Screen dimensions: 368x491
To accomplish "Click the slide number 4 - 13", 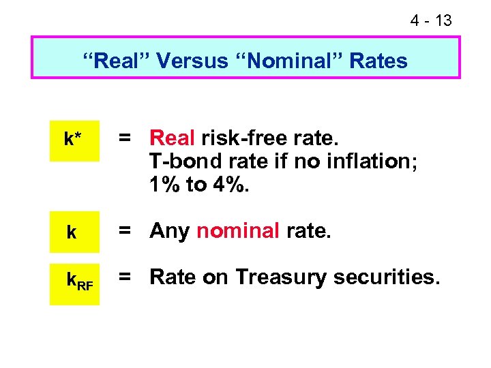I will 431,20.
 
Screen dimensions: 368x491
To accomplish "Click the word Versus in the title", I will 193,61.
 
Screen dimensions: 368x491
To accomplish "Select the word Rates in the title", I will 378,61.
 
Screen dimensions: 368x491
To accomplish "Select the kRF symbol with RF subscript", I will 79,280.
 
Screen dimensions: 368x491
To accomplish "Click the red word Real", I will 173,139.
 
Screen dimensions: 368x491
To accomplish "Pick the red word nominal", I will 238,232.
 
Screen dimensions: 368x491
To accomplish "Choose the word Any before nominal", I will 170,232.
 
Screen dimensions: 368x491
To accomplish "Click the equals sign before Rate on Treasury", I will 125,277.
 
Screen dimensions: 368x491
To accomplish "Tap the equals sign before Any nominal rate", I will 125,231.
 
